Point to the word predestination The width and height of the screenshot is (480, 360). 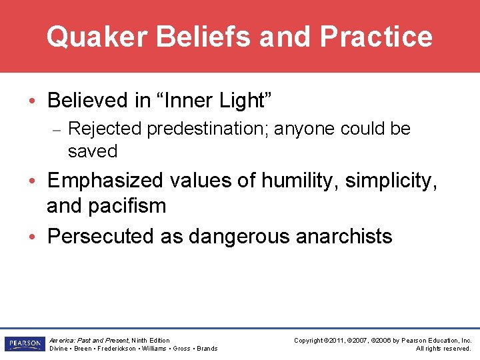point(208,129)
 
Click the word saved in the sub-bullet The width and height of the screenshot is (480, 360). point(93,151)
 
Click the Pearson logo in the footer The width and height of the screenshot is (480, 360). point(23,344)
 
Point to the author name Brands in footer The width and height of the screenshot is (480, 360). point(207,349)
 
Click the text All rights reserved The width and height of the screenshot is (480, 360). point(443,349)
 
